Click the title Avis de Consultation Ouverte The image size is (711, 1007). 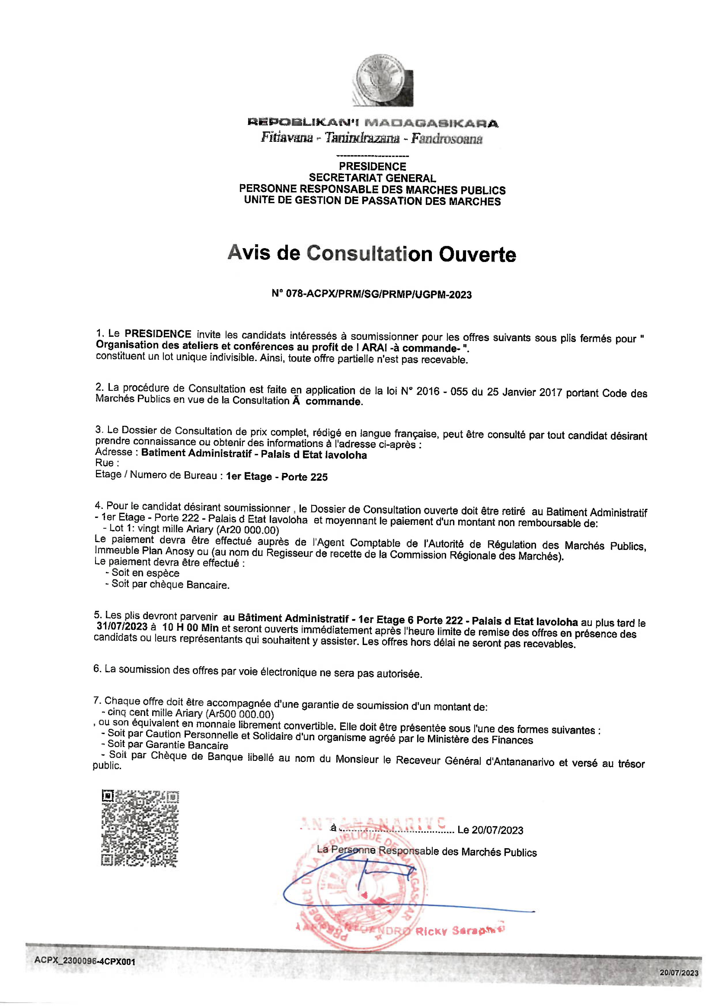(371, 254)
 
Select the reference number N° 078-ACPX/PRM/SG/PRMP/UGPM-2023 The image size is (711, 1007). (371, 294)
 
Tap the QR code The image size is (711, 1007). (140, 828)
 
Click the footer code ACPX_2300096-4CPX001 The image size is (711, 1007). (85, 961)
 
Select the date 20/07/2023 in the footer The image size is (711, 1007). (678, 972)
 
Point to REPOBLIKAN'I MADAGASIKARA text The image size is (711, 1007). (372, 123)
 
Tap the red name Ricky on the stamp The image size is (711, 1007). (431, 931)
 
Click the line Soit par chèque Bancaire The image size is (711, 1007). (170, 585)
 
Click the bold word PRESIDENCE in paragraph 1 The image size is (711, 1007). (158, 334)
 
